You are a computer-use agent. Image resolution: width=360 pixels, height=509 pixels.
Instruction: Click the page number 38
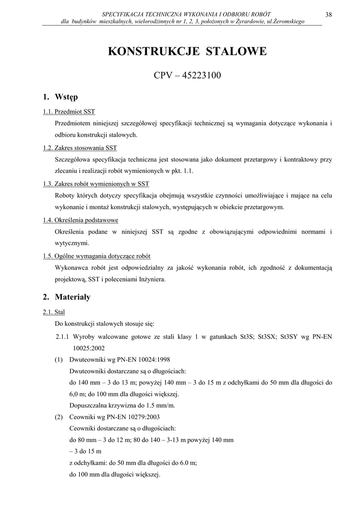(328, 14)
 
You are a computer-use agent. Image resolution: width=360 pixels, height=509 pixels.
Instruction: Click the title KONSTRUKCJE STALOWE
(187, 52)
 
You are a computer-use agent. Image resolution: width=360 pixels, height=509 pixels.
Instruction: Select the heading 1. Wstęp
(60, 96)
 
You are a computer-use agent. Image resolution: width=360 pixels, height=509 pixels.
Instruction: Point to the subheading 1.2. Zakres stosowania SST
(80, 148)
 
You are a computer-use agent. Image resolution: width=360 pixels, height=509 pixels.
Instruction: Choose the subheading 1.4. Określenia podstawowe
(81, 220)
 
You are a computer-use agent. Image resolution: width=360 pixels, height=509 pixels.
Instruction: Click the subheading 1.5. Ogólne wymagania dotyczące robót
(96, 256)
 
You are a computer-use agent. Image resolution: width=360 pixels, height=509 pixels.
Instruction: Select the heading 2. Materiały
(67, 297)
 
